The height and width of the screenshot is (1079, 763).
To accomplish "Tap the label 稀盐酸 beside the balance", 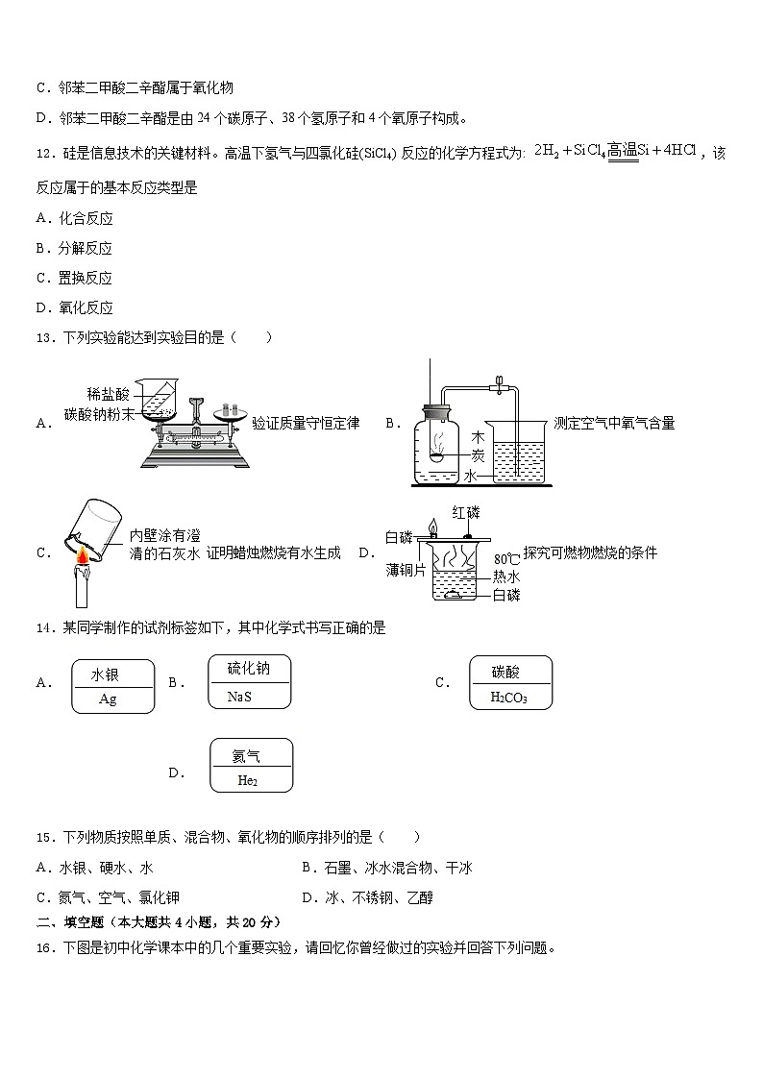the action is pos(107,394).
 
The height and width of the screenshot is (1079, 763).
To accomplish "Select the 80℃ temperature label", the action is pos(506,559).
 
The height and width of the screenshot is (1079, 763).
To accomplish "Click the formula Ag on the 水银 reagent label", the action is pos(108,699).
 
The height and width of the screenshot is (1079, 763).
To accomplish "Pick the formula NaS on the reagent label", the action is pos(239,696).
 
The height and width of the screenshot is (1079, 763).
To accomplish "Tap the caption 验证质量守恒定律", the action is pos(306,424).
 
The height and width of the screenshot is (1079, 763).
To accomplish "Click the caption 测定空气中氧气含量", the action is pos(614,424).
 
